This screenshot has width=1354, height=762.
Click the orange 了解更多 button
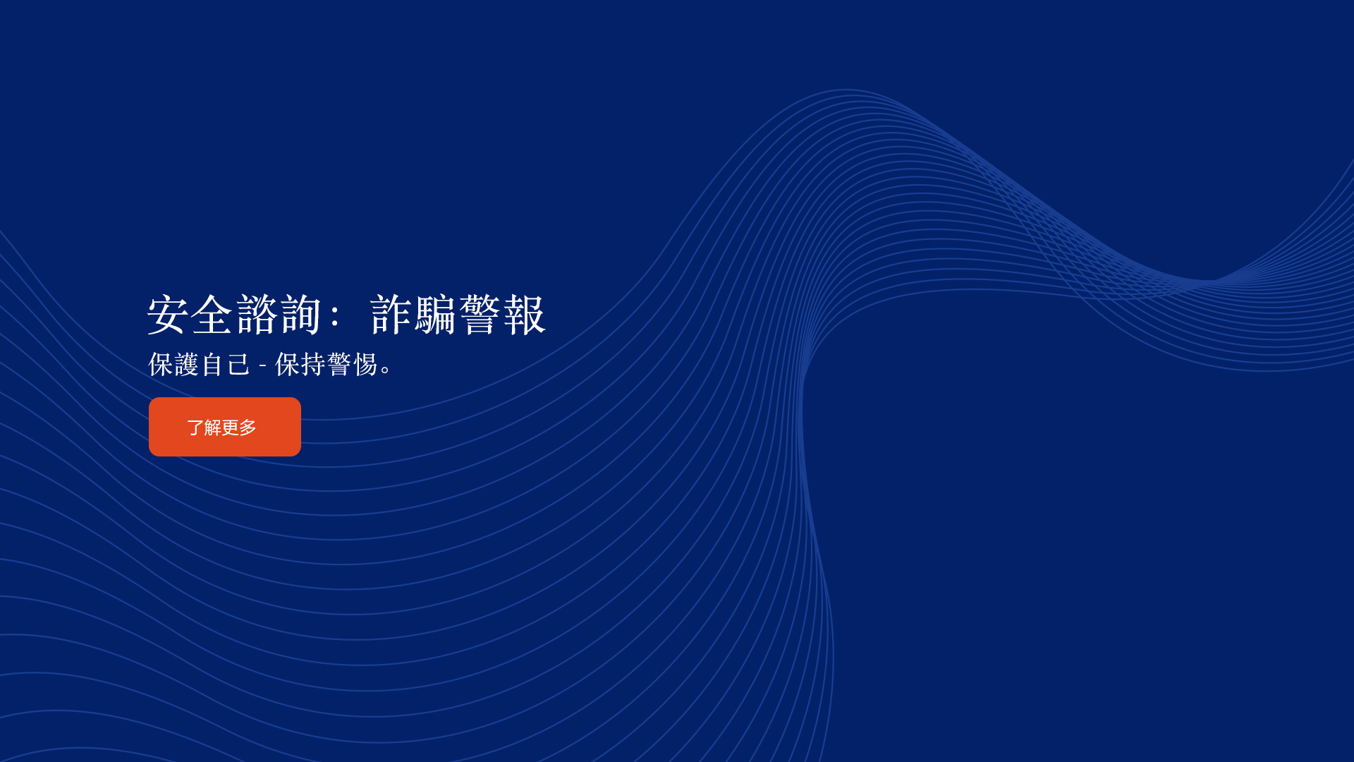point(225,427)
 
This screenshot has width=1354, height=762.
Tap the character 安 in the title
point(169,315)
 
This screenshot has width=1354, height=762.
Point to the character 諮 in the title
point(257,315)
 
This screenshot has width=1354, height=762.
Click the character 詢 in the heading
point(301,315)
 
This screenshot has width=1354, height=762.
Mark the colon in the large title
point(335,315)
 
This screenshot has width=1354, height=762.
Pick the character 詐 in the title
point(391,315)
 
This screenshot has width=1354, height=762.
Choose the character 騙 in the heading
point(435,315)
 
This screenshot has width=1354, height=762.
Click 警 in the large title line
point(480,315)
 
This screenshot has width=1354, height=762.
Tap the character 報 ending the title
point(524,315)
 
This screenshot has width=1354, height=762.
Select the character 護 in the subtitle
point(187,365)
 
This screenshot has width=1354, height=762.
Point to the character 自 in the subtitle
point(212,365)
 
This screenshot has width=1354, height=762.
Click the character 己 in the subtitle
point(238,365)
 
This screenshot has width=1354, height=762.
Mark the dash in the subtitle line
point(263,366)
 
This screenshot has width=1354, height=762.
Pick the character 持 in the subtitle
point(312,365)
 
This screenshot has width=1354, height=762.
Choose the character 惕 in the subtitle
point(365,365)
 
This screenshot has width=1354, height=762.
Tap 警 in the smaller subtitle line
point(339,365)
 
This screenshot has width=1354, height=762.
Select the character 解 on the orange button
point(213,428)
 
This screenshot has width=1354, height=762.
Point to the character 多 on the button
point(248,428)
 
